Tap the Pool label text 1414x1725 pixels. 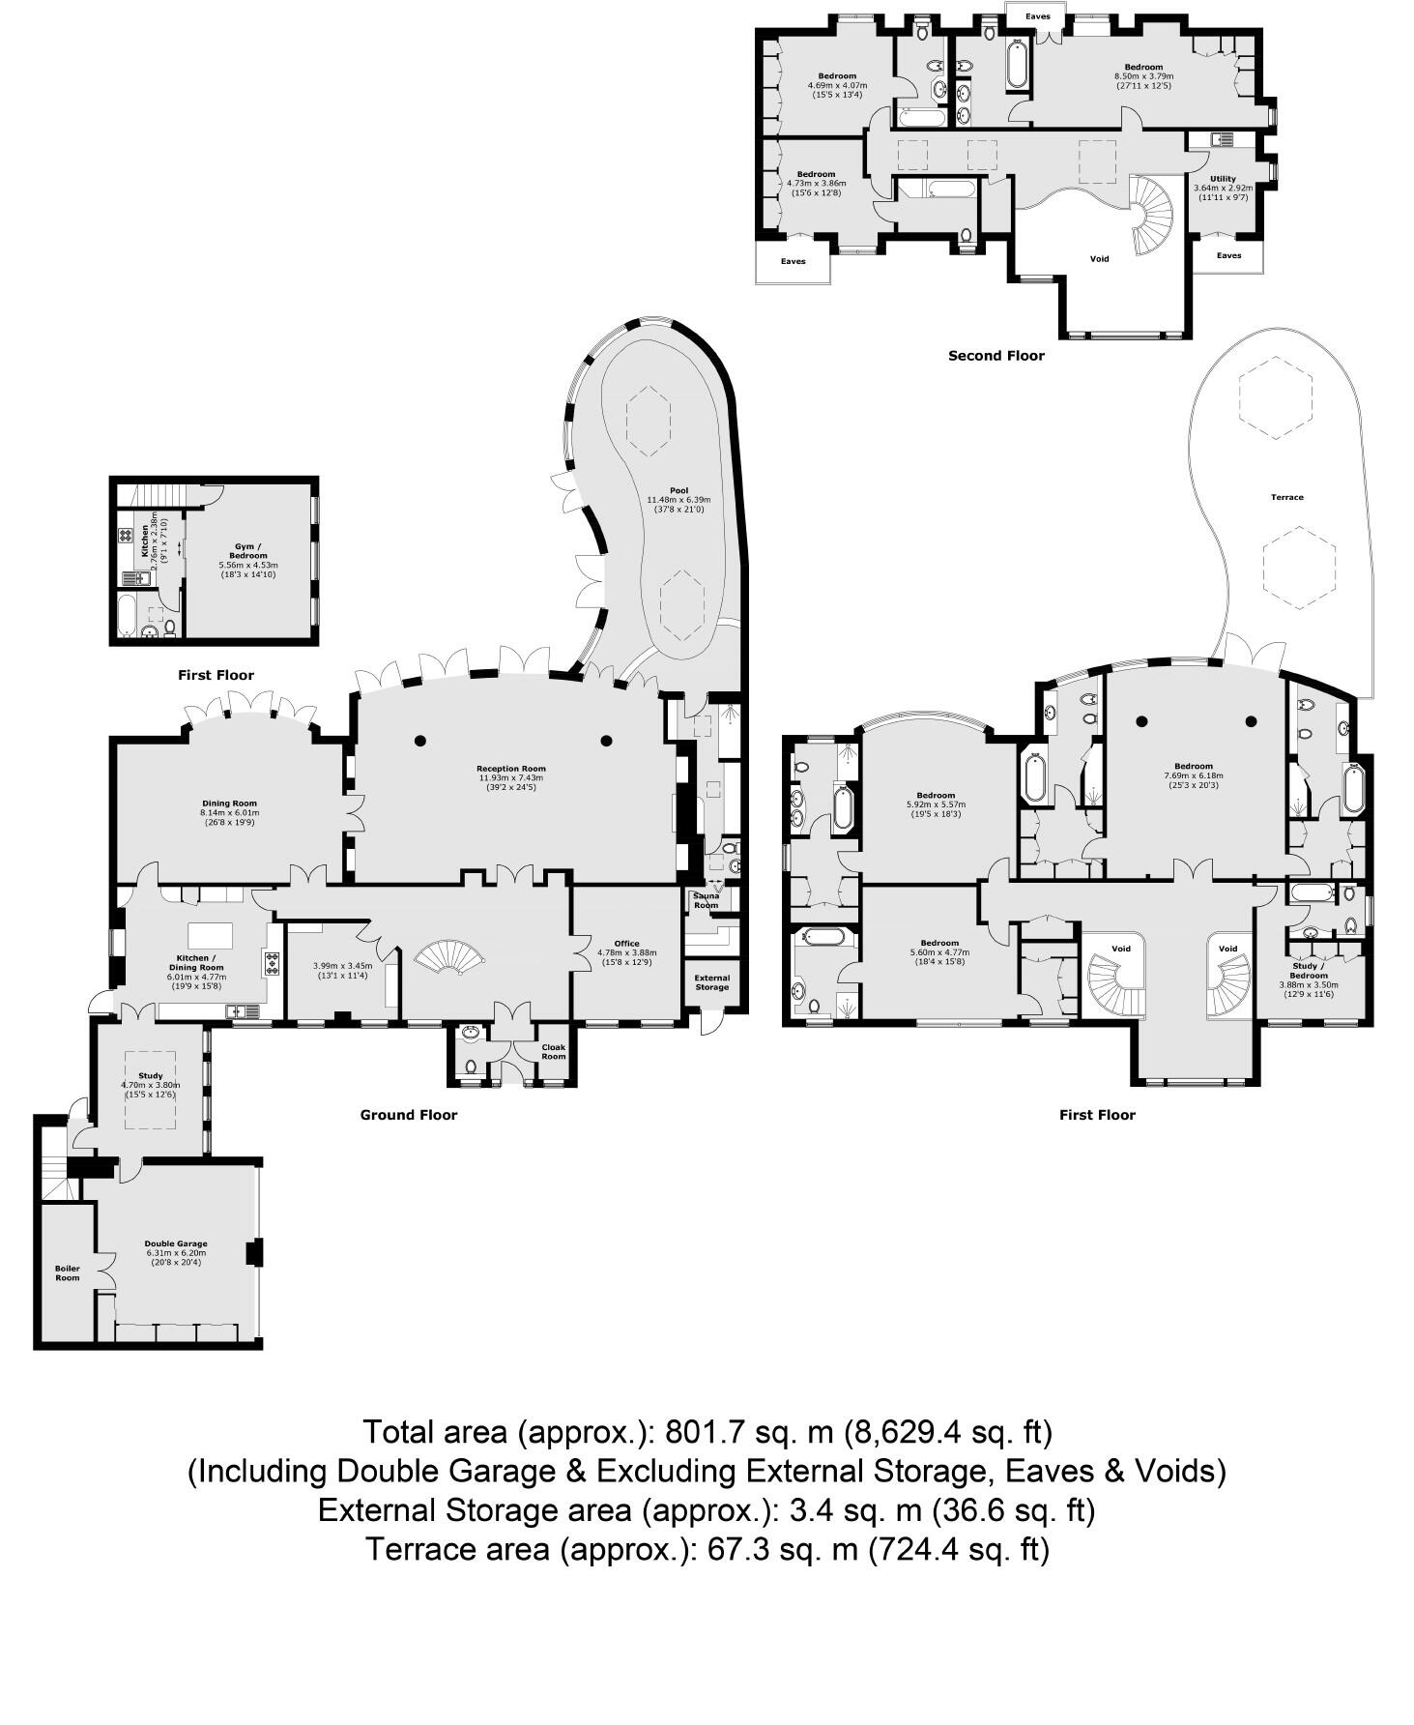[x=678, y=490]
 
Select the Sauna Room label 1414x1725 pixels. [x=706, y=900]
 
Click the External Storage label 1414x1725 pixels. [x=712, y=982]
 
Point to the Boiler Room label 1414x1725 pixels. [x=67, y=1272]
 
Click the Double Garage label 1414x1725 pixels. [x=176, y=1244]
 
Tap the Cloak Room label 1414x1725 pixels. [x=553, y=1052]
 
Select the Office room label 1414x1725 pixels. [x=626, y=944]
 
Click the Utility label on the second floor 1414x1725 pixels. [x=1223, y=179]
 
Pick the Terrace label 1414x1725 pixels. [x=1286, y=497]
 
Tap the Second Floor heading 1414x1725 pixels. [x=996, y=356]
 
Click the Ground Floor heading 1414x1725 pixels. [x=408, y=1115]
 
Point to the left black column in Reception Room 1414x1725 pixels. [x=419, y=741]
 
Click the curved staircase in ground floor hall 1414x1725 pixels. [x=449, y=958]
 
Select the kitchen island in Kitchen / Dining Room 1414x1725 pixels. [x=211, y=935]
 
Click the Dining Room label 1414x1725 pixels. [x=229, y=804]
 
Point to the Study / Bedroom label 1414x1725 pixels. [x=1309, y=971]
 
